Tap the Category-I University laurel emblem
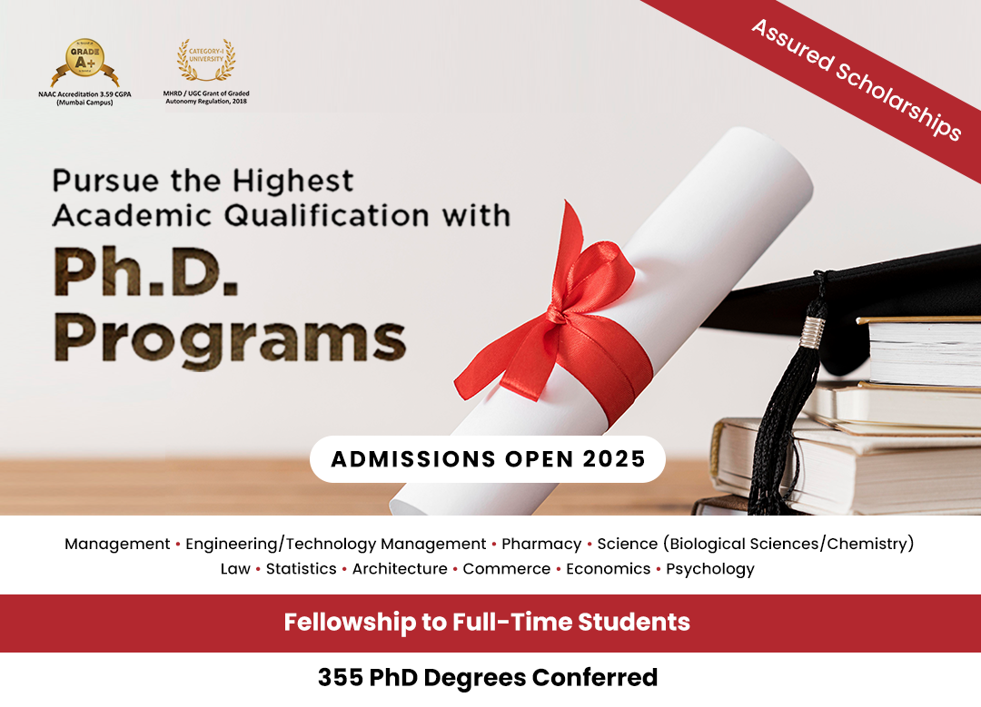pyautogui.click(x=206, y=60)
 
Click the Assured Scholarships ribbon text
pyautogui.click(x=856, y=79)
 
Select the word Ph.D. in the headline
pyautogui.click(x=145, y=272)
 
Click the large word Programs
pyautogui.click(x=230, y=339)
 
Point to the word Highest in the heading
pyautogui.click(x=292, y=182)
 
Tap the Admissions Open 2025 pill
pyautogui.click(x=488, y=459)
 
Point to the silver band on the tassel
pyautogui.click(x=813, y=332)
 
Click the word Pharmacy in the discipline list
pyautogui.click(x=541, y=544)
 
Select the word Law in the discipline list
pyautogui.click(x=235, y=569)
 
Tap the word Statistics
pyautogui.click(x=301, y=569)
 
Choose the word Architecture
pyautogui.click(x=399, y=569)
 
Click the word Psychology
pyautogui.click(x=709, y=569)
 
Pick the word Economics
pyautogui.click(x=608, y=569)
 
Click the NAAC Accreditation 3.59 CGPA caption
pyautogui.click(x=85, y=98)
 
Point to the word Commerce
pyautogui.click(x=506, y=569)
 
